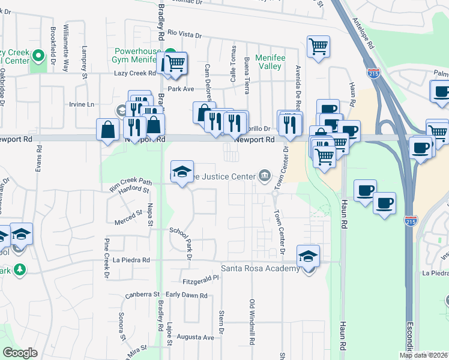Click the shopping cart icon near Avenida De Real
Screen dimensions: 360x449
[318, 46]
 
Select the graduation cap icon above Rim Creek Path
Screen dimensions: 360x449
[182, 172]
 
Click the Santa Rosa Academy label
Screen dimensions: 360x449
[261, 269]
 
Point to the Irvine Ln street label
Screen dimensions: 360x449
[82, 104]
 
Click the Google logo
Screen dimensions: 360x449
[20, 353]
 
